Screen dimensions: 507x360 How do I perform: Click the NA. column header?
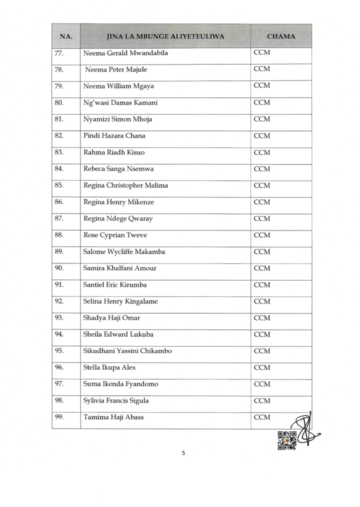tap(66, 36)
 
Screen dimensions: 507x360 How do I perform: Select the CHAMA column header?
tap(281, 36)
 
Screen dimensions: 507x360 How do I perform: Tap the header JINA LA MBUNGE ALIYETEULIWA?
tap(165, 36)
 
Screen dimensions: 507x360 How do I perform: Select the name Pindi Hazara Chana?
tap(114, 135)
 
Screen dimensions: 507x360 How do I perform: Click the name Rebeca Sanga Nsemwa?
tap(118, 168)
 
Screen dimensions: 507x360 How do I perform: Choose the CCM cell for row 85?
tap(262, 185)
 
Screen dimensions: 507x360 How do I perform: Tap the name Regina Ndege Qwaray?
tap(118, 218)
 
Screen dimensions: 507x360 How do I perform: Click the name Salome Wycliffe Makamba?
tap(124, 251)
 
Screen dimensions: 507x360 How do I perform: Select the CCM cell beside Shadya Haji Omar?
tap(262, 318)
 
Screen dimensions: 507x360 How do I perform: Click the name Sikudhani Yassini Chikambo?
tap(127, 351)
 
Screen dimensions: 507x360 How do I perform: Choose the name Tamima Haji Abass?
tap(113, 417)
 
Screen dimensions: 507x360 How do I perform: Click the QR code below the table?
tap(287, 440)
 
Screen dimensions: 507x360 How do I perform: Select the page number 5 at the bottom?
tap(183, 453)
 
